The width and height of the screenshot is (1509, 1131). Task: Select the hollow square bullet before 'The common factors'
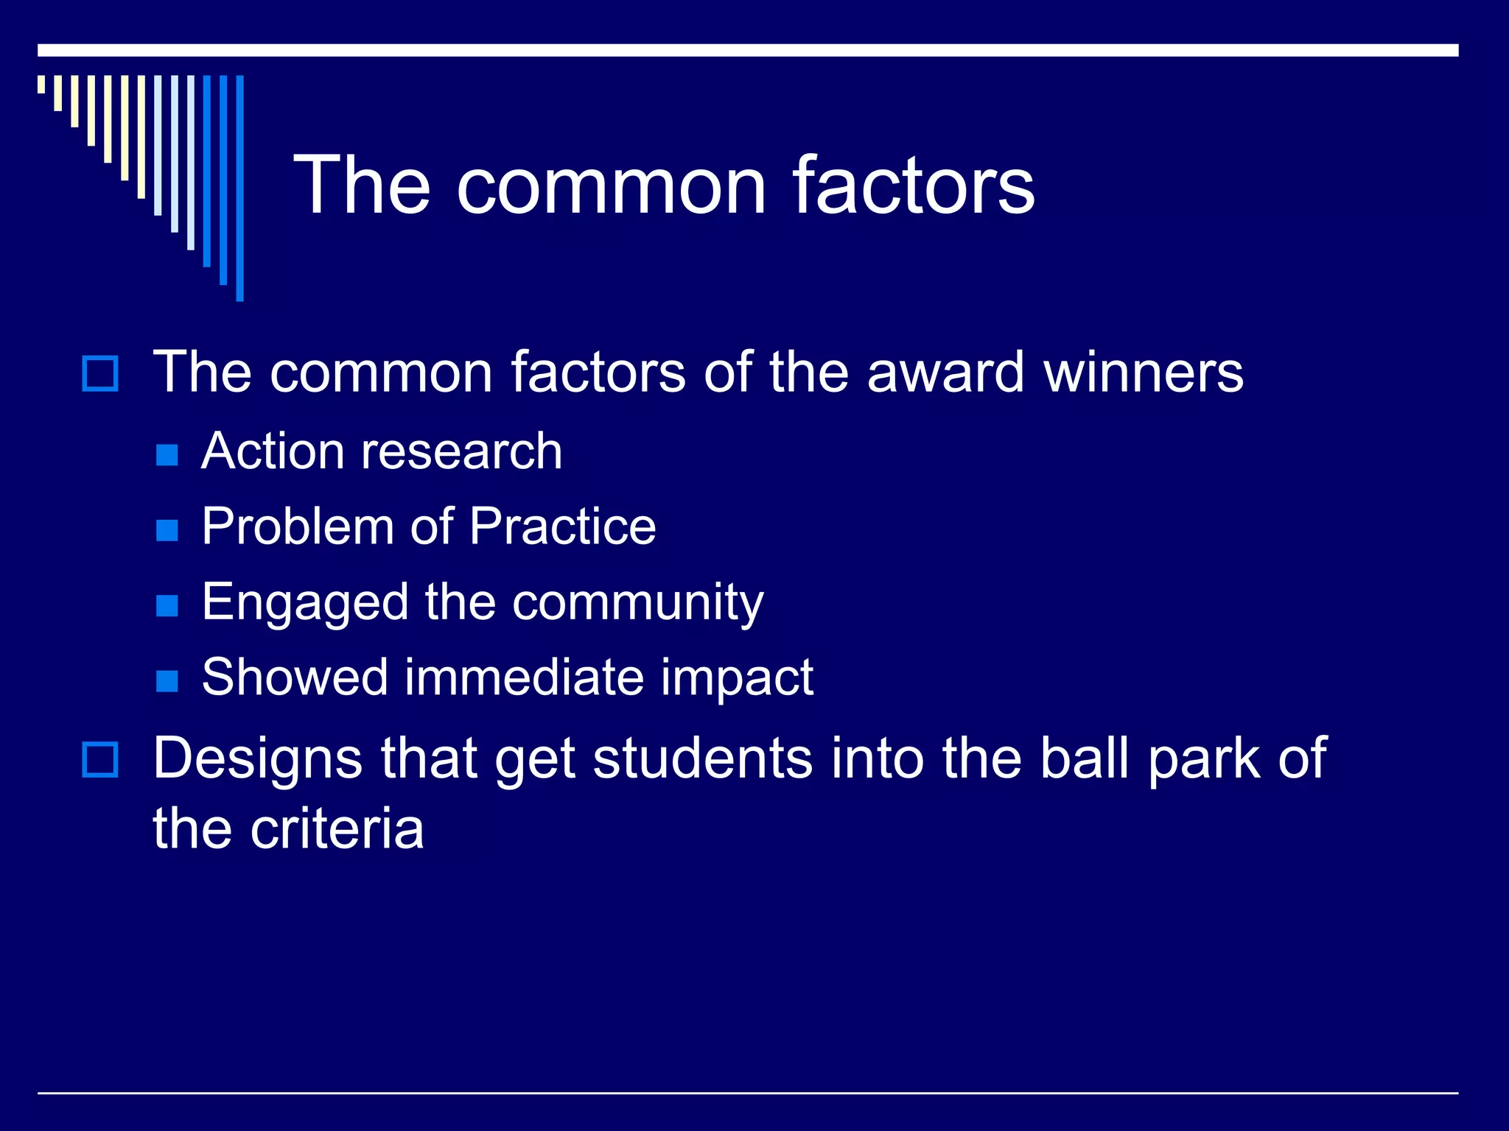[99, 373]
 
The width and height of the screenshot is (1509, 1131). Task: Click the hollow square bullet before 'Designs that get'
[99, 760]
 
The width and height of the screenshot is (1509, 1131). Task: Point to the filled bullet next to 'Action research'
[167, 455]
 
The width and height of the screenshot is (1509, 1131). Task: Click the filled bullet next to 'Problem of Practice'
[167, 530]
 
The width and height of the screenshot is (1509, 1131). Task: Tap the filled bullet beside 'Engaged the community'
[167, 605]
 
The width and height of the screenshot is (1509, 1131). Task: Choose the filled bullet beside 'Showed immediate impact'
[167, 680]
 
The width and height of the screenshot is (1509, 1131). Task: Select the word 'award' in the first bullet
[945, 373]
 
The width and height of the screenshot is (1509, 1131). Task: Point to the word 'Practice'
[562, 526]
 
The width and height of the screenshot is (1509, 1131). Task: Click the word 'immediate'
[524, 677]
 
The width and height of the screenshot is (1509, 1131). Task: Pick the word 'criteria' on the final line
[337, 829]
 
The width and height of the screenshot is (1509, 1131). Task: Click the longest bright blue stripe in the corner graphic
[239, 188]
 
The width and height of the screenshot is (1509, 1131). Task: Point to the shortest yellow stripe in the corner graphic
[41, 84]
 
